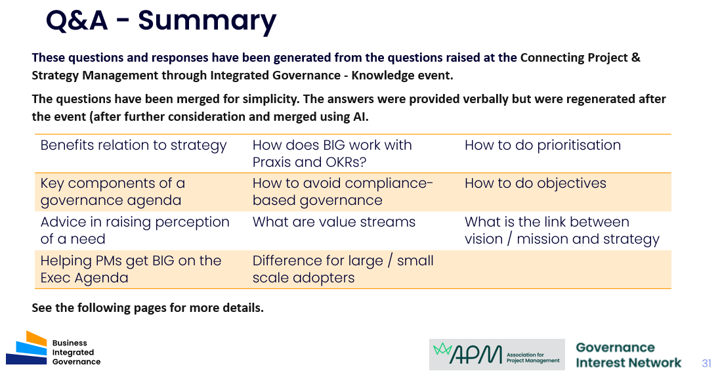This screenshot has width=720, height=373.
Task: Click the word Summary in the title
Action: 207,21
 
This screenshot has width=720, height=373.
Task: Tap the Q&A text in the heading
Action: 77,20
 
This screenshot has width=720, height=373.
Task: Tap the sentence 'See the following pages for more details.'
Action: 148,308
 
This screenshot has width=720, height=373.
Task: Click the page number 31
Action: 706,363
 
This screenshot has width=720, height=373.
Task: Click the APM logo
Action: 497,355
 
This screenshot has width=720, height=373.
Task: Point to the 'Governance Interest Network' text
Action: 629,355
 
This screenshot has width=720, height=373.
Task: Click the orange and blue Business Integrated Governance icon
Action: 27,348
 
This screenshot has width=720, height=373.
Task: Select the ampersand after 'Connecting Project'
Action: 636,57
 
